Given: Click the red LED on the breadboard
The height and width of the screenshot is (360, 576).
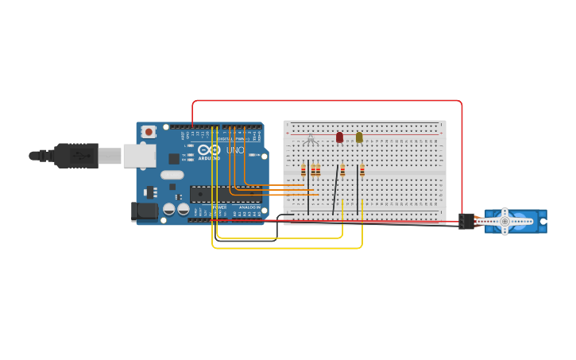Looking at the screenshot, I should (x=339, y=137).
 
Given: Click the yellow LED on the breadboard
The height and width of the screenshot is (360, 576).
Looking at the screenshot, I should (x=359, y=137).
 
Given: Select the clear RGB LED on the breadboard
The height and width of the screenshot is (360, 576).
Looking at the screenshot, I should (x=311, y=139).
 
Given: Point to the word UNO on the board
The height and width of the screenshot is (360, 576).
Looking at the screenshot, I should (x=235, y=150).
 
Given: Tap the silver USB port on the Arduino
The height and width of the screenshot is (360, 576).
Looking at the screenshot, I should (x=139, y=155).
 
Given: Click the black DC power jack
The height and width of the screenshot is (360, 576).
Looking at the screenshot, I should (x=142, y=211).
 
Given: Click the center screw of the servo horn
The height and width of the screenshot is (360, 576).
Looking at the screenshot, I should (x=504, y=221).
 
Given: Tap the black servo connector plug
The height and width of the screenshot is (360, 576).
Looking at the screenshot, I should (x=466, y=221).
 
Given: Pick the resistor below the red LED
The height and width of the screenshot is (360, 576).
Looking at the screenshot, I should (x=342, y=170).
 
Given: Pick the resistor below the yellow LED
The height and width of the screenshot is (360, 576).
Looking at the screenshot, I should (x=362, y=170).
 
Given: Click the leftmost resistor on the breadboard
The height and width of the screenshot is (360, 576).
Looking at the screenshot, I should (x=303, y=170).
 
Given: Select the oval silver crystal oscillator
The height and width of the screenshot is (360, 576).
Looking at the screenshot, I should (x=172, y=175).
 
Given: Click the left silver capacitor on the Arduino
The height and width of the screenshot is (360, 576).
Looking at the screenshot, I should (x=169, y=209).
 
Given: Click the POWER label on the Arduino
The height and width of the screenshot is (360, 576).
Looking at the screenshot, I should (x=219, y=207).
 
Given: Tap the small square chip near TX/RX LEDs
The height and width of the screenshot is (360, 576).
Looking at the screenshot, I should (x=174, y=159).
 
